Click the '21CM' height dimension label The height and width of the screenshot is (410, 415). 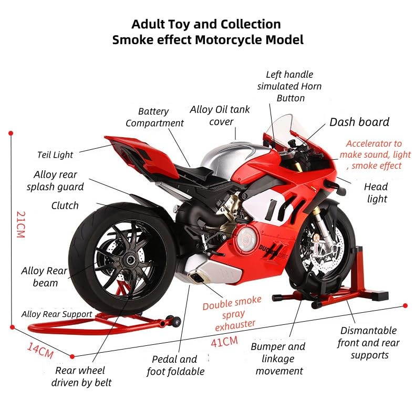(21, 224)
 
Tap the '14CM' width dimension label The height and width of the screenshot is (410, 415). (40, 350)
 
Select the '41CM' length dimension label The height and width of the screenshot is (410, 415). (224, 342)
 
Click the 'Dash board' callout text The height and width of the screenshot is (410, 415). (359, 122)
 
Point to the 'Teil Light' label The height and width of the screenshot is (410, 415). (55, 155)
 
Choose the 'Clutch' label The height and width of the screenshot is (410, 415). (65, 206)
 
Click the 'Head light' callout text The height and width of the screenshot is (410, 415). (376, 192)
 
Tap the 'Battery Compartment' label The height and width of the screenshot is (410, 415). (154, 117)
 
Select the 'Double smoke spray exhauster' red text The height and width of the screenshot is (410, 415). (233, 314)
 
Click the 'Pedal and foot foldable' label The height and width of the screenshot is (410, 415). (175, 365)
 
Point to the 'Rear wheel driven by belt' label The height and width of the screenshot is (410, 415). (81, 376)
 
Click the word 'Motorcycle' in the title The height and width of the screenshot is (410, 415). (229, 40)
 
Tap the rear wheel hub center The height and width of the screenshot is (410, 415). (130, 260)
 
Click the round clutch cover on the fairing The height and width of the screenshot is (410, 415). (246, 239)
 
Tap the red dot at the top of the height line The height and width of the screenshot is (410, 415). (11, 133)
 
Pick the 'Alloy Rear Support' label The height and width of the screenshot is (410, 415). (57, 314)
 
